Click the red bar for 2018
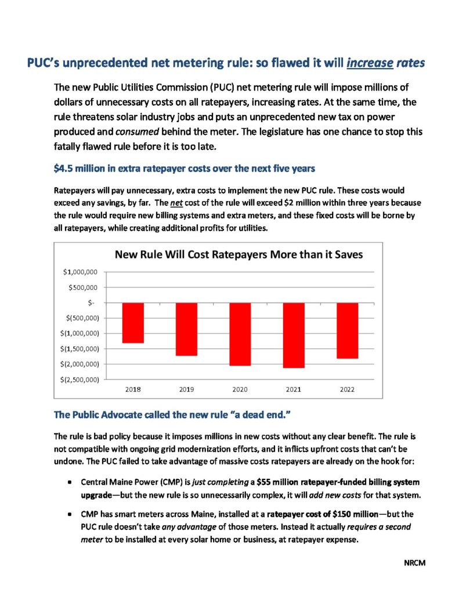[133, 322]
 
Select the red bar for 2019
[187, 329]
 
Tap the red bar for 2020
[240, 334]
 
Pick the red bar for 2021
[294, 335]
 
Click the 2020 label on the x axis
[240, 389]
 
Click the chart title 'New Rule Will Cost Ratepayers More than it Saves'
[238, 255]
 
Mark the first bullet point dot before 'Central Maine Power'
[70, 483]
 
